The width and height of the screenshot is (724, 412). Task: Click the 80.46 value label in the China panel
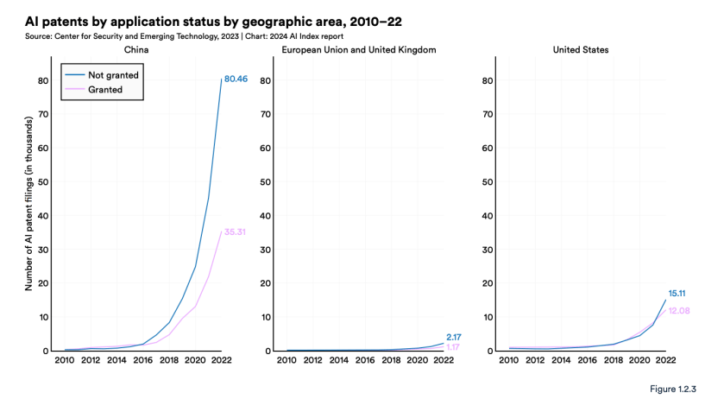pos(236,79)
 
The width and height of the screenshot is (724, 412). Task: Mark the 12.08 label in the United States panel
pos(679,310)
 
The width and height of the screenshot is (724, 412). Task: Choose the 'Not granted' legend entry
pos(113,75)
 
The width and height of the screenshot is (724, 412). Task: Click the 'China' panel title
pos(137,50)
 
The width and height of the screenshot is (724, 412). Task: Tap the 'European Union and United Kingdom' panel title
pos(359,50)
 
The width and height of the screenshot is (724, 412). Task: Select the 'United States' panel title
pos(581,50)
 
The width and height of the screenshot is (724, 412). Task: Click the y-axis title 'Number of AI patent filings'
pos(28,204)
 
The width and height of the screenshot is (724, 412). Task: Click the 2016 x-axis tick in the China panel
pos(143,361)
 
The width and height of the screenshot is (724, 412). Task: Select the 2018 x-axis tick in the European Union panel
pos(391,361)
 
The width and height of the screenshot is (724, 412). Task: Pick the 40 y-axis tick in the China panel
pos(42,215)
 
